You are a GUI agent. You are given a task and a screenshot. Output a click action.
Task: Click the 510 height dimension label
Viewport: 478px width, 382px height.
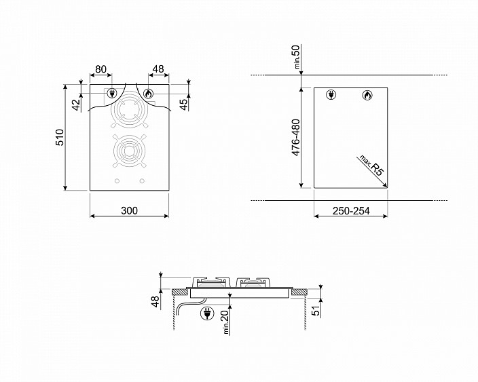click(60, 137)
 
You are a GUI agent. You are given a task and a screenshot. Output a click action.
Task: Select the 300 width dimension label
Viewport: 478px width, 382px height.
click(129, 210)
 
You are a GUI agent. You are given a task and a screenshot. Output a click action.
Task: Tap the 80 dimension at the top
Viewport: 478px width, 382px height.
click(101, 69)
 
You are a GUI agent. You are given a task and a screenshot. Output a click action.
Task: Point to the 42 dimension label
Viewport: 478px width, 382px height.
click(77, 105)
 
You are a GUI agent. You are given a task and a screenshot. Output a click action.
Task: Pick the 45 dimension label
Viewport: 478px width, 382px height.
click(184, 104)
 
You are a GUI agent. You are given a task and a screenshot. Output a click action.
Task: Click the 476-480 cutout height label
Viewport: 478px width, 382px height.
click(296, 137)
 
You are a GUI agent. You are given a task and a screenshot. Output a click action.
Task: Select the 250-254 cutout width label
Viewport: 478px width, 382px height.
click(351, 211)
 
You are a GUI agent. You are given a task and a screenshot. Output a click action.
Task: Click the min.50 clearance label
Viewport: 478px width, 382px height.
click(296, 56)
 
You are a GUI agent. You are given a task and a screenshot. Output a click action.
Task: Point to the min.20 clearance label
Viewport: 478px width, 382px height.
click(226, 322)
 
